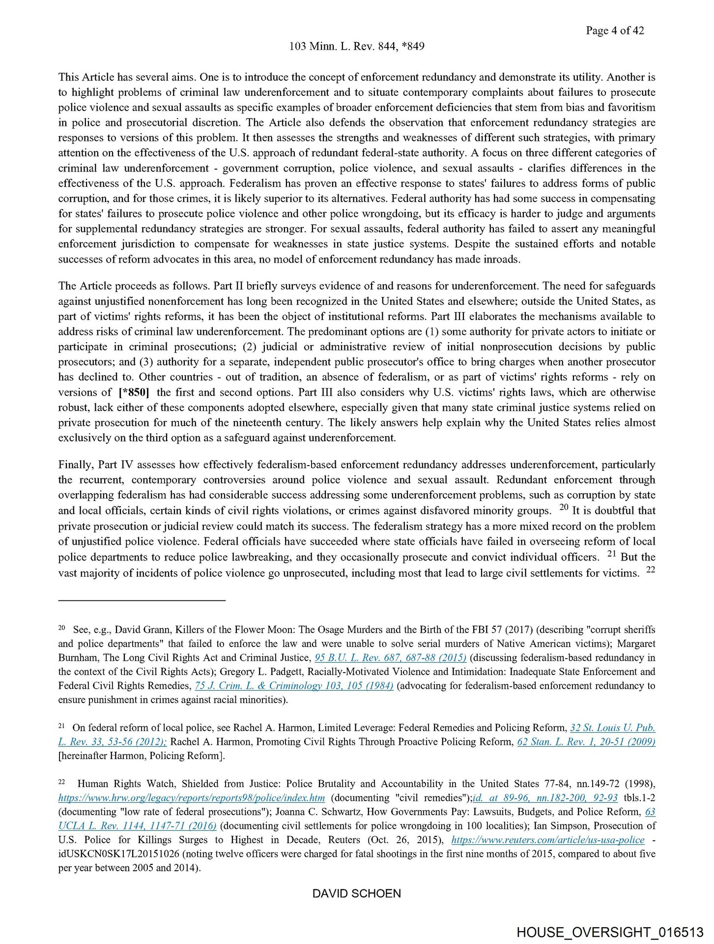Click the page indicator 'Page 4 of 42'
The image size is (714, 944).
[x=614, y=30]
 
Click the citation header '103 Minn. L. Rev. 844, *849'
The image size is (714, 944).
[x=357, y=46]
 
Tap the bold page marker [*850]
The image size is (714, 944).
[x=134, y=392]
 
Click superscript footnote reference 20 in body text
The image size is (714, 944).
[x=564, y=507]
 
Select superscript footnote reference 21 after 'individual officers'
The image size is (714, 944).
[x=611, y=554]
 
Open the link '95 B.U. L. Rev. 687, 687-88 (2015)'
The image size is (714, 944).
[x=390, y=658]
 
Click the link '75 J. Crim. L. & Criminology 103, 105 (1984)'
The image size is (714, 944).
[x=294, y=686]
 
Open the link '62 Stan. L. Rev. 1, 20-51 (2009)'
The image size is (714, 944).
[x=586, y=742]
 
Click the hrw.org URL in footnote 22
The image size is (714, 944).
[x=192, y=798]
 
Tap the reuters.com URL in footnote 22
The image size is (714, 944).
[x=547, y=840]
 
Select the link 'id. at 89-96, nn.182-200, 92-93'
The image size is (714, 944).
[x=545, y=798]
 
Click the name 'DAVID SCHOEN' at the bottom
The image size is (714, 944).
[x=357, y=893]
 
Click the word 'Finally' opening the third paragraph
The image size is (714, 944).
[x=75, y=465]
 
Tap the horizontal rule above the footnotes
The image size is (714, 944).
[x=142, y=600]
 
